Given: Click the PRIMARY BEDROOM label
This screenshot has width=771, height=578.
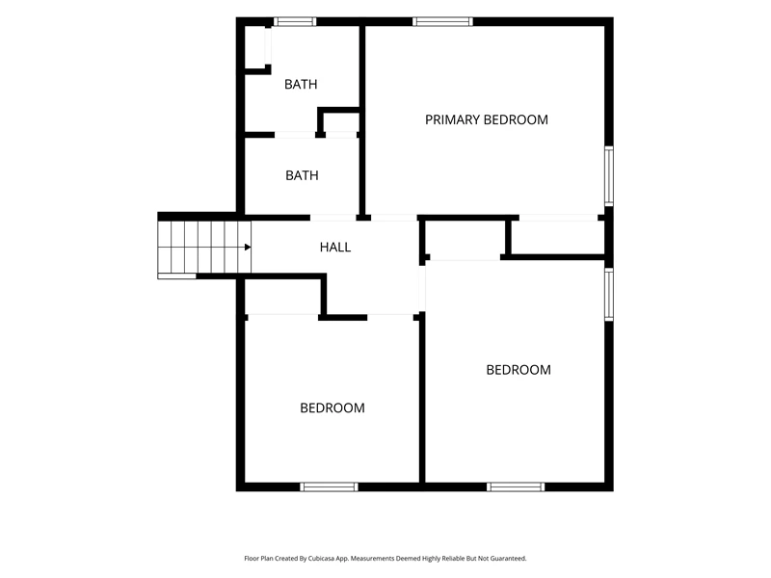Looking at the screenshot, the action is tap(487, 119).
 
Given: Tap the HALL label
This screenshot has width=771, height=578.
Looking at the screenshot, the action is tap(335, 248).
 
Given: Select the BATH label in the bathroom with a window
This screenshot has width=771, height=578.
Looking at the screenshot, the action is tap(301, 85).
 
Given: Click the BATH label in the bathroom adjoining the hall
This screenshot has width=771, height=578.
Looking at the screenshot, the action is tap(302, 175).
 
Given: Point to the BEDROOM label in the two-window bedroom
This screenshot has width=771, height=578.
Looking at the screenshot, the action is tap(518, 370).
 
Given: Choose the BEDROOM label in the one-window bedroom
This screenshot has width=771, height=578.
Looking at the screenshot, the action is tap(332, 407).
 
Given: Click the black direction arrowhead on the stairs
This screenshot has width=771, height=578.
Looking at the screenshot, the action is tap(248, 248).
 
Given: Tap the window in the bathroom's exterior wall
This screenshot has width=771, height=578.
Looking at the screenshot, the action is tap(295, 21).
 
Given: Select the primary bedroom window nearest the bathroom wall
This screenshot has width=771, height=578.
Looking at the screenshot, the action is tap(442, 21).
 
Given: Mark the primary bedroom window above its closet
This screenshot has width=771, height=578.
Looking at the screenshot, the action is tap(609, 175).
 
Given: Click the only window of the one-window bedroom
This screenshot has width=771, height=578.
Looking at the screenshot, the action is tap(329, 486).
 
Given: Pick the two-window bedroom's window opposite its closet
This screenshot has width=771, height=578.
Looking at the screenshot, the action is tap(516, 486).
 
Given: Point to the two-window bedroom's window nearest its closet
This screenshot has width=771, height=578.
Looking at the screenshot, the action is tap(609, 295).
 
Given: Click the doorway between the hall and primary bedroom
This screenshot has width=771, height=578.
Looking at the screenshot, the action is tap(394, 218).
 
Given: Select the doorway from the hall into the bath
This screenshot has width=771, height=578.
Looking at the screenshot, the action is tap(332, 218).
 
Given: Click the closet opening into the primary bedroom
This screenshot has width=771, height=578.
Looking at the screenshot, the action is tap(558, 237).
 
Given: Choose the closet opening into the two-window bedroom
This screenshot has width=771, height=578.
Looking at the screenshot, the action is tap(465, 238).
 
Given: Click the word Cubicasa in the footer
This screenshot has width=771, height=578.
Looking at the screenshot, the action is tap(324, 559).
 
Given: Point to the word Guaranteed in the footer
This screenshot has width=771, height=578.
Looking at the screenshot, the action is tap(509, 559).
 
